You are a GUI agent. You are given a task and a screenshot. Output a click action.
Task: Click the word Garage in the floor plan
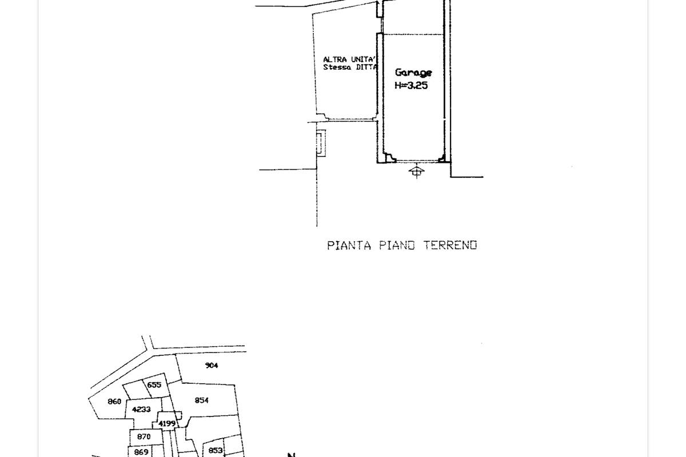coord(413,73)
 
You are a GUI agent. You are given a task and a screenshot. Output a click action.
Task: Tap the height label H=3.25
coord(411,86)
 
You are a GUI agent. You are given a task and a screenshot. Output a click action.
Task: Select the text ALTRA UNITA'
coord(349,59)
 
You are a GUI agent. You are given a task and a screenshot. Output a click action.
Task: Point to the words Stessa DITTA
coord(350,67)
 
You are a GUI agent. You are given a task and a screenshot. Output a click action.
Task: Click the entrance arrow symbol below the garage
coord(417,170)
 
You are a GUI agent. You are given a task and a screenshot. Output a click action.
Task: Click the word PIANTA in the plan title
coord(349,246)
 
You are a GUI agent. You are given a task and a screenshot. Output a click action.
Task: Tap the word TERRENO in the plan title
coord(450,246)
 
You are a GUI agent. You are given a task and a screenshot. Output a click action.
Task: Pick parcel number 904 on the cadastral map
coord(212,366)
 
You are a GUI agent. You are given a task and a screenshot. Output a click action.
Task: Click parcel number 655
coord(154,385)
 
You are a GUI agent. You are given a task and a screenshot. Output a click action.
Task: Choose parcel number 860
coord(114,402)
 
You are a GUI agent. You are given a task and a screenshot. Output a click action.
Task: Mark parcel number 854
coord(201,400)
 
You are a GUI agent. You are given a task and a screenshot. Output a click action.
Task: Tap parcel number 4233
coord(141,410)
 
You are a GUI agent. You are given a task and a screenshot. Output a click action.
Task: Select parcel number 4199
coord(166,423)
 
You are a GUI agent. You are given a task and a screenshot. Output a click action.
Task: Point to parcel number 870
coord(143,436)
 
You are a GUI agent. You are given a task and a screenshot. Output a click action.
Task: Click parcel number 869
coord(141,452)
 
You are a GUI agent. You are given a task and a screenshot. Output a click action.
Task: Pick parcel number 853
coord(215,451)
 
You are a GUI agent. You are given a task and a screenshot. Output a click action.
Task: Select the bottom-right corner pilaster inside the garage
coord(440,157)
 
